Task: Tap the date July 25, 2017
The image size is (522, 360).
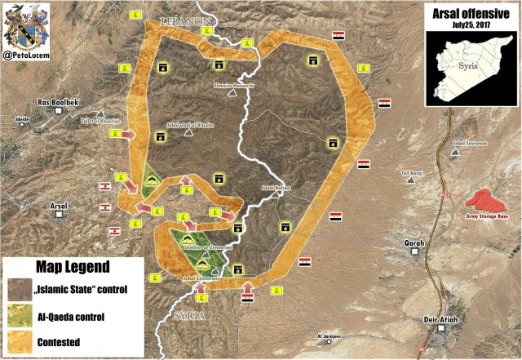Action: coord(471,24)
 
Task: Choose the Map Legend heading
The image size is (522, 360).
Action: coord(72,268)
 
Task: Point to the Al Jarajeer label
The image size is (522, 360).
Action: coord(332,336)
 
